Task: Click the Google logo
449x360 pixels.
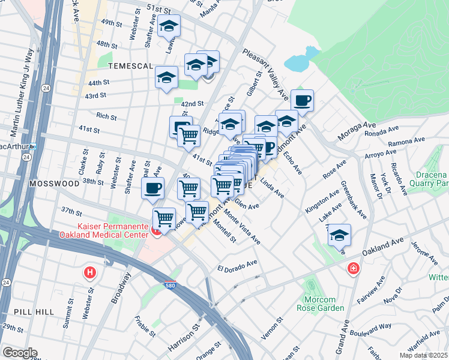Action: pos(19,353)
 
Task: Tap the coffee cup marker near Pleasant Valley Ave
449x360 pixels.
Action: pos(302,100)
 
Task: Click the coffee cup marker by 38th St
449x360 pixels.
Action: pos(152,188)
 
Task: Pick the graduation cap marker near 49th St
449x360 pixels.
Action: pos(169,26)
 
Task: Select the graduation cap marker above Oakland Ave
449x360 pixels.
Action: pos(339,235)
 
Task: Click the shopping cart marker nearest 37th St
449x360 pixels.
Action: pos(164,218)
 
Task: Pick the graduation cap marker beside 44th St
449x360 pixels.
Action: pos(166,77)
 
